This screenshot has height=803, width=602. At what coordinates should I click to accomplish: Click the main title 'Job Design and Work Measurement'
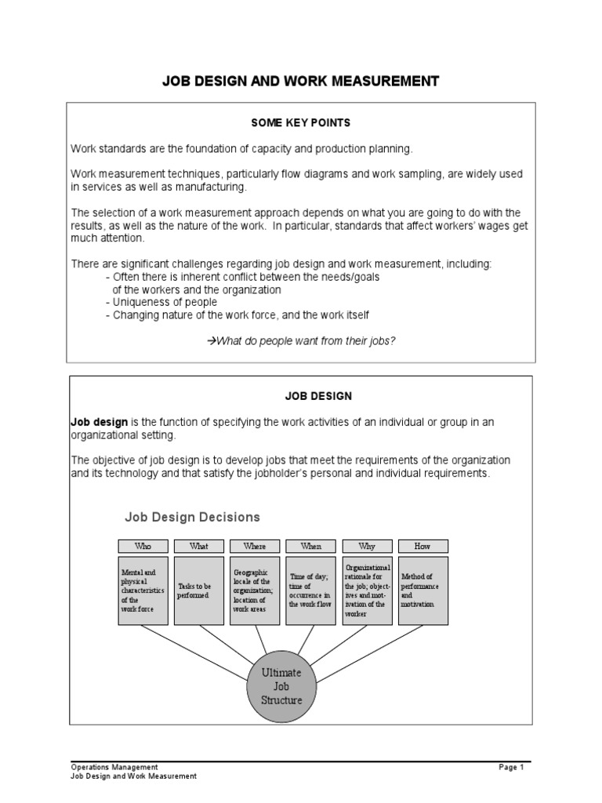tap(300, 81)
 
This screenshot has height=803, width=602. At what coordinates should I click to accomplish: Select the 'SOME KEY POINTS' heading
tap(300, 123)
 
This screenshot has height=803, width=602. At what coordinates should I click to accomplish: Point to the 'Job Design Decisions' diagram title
tap(193, 517)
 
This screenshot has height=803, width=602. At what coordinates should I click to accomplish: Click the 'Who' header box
tap(143, 546)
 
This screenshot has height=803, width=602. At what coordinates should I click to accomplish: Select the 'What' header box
tap(199, 546)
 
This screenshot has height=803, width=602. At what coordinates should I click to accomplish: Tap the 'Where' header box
tap(255, 546)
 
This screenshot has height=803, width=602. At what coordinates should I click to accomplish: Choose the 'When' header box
tap(311, 546)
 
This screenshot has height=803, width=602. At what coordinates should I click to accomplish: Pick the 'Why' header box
tap(367, 546)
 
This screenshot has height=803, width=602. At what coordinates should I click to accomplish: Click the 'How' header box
tap(423, 546)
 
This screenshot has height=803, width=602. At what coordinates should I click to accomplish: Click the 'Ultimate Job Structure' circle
tap(281, 686)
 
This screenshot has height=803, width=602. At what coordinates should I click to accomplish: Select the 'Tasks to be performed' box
tap(199, 590)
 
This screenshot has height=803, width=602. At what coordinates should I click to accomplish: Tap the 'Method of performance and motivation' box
tap(423, 590)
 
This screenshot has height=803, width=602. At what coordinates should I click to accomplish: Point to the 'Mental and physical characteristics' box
tap(143, 590)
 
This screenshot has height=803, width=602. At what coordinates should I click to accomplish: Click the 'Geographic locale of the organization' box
tap(255, 590)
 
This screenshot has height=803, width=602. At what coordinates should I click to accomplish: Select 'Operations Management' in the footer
tap(114, 767)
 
